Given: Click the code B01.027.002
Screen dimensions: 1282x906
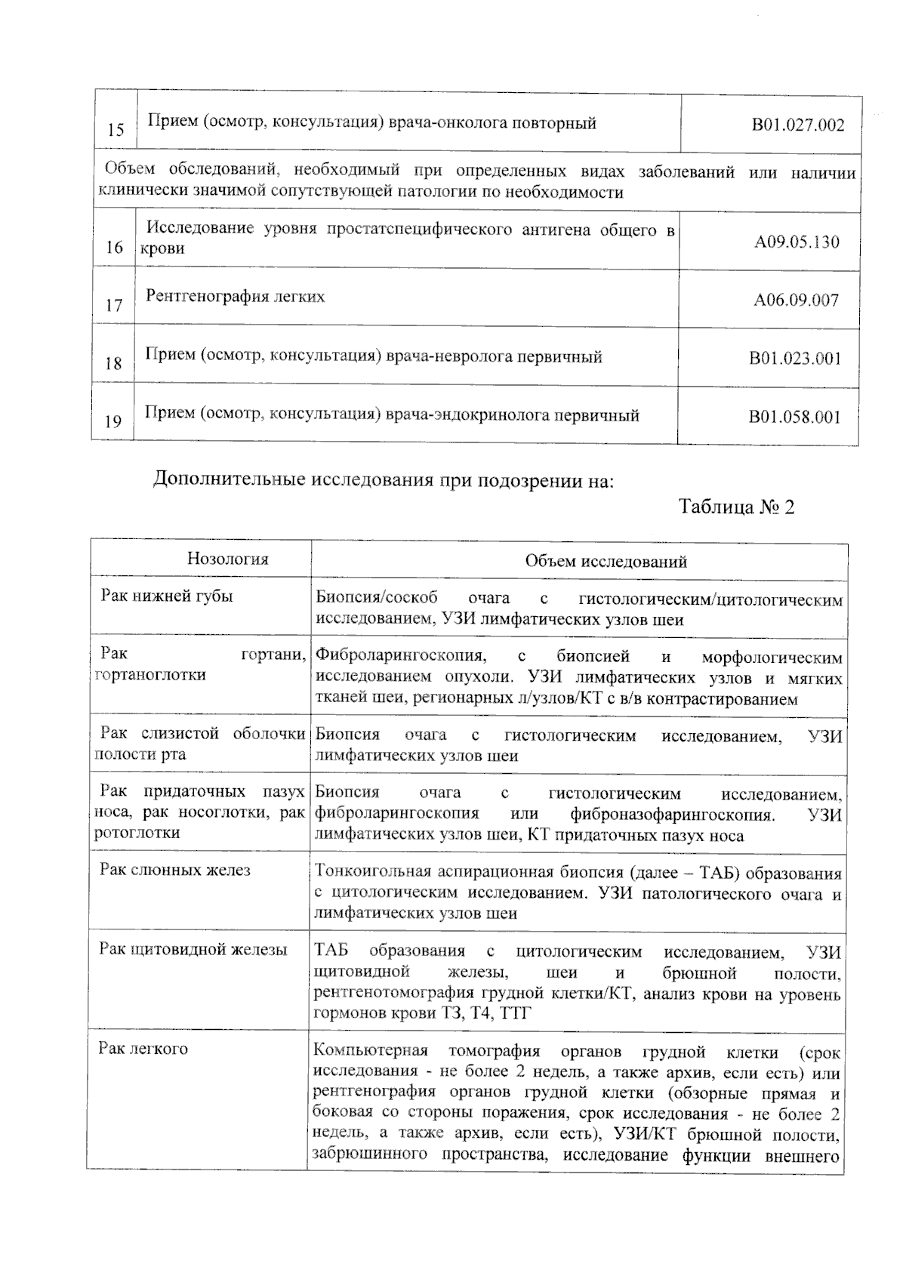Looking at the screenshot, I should (797, 125).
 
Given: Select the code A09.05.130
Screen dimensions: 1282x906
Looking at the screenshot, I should (797, 242).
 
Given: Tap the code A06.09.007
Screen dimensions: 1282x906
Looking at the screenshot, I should (796, 300).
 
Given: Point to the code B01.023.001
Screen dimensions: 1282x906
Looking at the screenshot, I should (794, 359).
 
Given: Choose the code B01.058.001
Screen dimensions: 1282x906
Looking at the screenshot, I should (794, 417).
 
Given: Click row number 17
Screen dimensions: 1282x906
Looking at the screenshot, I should (114, 306).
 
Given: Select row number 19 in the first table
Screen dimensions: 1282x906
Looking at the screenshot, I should (113, 421).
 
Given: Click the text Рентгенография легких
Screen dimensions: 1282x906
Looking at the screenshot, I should (235, 296).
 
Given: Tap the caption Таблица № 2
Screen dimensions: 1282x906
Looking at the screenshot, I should (736, 506).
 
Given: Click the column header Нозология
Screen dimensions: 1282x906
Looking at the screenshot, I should (227, 559).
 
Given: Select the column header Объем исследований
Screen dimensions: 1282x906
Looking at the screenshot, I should (606, 561).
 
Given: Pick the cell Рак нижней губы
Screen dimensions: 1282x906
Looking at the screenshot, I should (167, 596).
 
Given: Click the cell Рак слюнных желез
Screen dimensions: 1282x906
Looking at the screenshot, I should (174, 870).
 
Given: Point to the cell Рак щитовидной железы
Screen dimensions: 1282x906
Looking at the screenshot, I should (193, 949).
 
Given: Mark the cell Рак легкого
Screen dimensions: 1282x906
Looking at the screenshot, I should (143, 1049).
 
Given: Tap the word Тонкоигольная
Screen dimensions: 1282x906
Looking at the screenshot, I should (366, 874).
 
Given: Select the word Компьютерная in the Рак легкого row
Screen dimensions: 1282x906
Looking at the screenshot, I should (370, 1051).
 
